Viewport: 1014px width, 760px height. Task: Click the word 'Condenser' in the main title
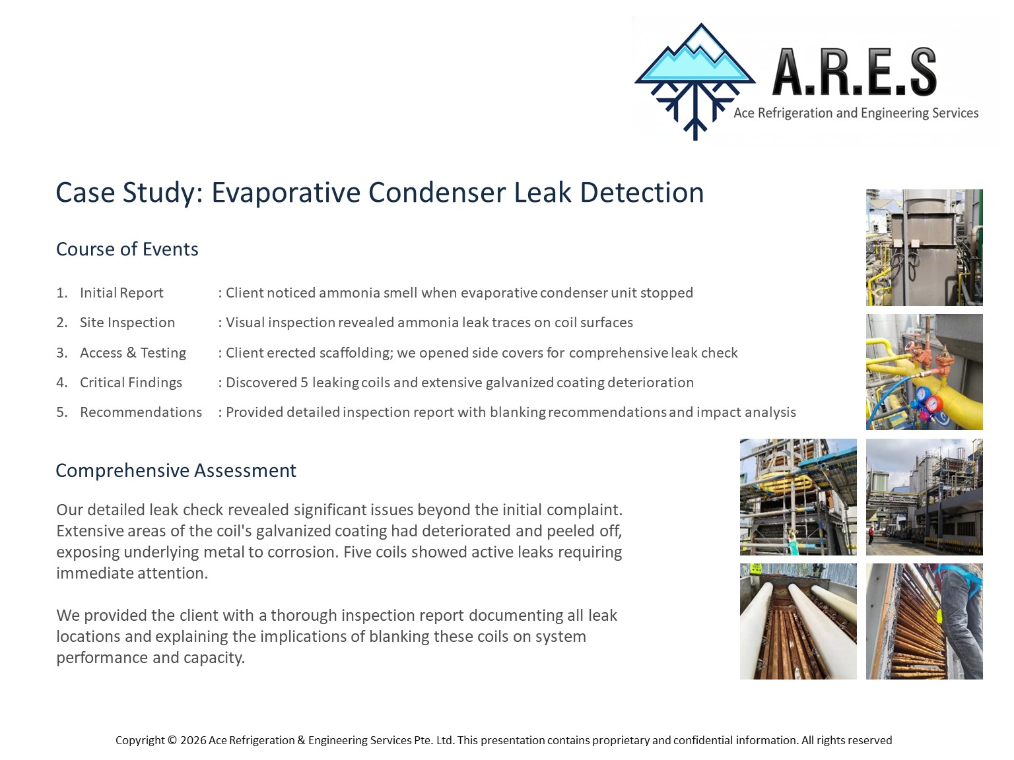[437, 192]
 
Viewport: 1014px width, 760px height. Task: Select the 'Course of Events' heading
[127, 249]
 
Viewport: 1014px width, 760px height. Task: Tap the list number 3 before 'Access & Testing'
[61, 353]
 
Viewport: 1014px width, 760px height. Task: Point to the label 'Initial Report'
[121, 293]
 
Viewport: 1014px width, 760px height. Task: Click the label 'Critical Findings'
[131, 383]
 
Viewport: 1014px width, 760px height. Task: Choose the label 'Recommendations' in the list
[141, 412]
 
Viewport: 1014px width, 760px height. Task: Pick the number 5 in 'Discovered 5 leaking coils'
[304, 383]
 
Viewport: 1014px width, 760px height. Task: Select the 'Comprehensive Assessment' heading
[176, 470]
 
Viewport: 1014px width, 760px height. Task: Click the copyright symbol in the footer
[172, 740]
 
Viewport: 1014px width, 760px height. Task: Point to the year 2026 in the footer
[193, 740]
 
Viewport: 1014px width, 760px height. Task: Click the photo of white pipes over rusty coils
[798, 621]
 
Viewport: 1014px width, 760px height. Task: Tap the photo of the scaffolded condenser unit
[798, 497]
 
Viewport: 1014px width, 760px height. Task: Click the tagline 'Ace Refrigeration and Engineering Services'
[856, 113]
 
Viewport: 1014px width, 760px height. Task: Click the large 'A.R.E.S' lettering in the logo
[855, 71]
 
